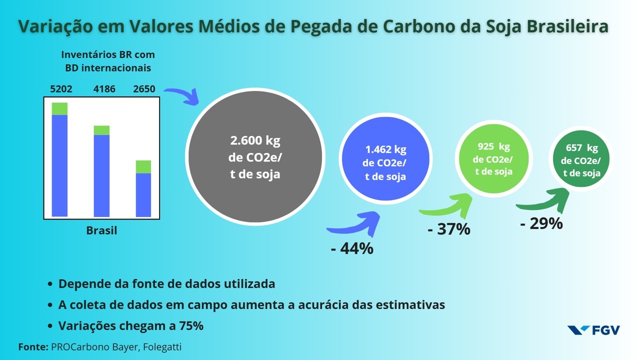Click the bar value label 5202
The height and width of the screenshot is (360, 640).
(61, 89)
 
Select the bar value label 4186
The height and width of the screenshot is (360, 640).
(104, 89)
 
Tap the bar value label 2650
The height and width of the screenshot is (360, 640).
(144, 89)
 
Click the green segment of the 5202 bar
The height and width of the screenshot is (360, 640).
(59, 108)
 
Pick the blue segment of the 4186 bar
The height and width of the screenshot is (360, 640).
(102, 175)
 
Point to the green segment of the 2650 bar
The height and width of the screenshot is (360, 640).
(143, 166)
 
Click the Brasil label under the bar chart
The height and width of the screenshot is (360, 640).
(101, 230)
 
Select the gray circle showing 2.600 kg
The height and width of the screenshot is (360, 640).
(254, 157)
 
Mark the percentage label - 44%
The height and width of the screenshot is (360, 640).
(352, 248)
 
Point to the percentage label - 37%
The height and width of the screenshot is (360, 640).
(449, 229)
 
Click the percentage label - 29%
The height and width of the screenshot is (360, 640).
(541, 223)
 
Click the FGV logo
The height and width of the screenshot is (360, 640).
(593, 330)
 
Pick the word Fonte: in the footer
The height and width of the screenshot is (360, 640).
(33, 346)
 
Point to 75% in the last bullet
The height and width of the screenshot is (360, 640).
(191, 325)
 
